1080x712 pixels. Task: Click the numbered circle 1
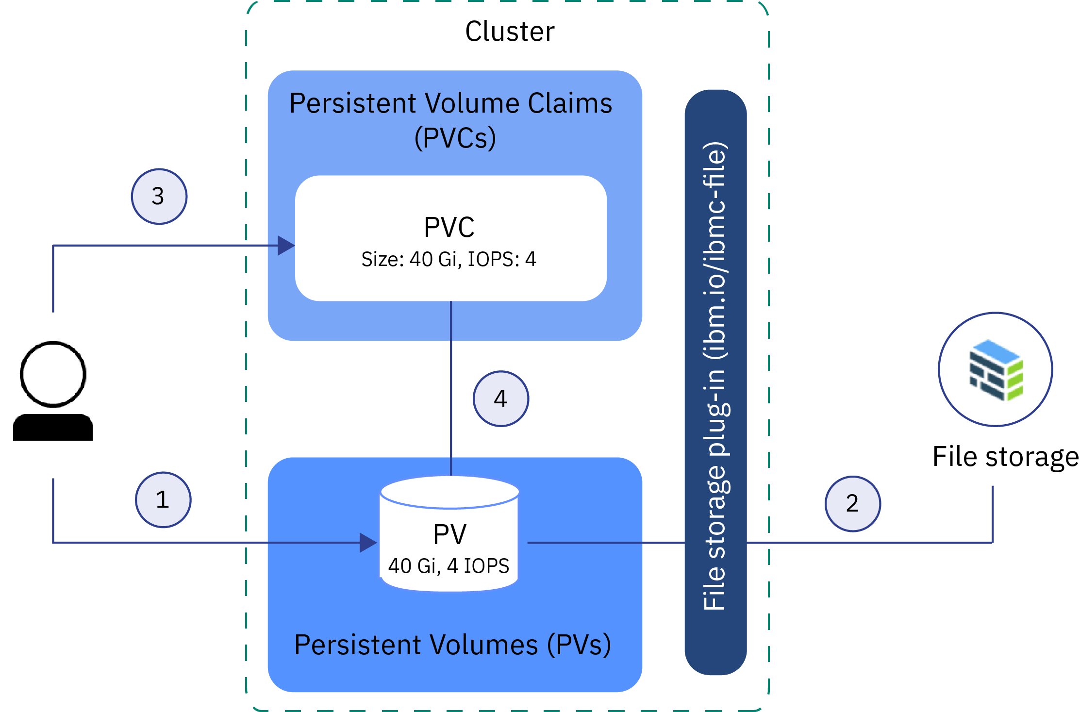tap(163, 500)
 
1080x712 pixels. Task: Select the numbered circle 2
tap(853, 504)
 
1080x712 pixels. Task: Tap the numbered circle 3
tap(159, 197)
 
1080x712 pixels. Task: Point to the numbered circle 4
tap(501, 399)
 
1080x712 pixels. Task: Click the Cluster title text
tap(510, 32)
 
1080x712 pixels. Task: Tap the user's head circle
tap(53, 374)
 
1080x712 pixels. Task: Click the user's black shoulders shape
tap(53, 428)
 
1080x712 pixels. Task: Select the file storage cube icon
tap(996, 370)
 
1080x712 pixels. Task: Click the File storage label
tap(1005, 457)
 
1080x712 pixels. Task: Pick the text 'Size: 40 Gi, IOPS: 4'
tap(449, 259)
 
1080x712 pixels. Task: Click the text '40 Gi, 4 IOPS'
tap(449, 566)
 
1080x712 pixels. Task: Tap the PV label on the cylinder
tap(449, 535)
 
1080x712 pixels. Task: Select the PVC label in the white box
tap(449, 227)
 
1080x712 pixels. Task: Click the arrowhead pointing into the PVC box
tap(286, 246)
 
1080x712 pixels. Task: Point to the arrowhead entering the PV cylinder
tap(368, 543)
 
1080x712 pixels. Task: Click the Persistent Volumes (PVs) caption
tap(452, 645)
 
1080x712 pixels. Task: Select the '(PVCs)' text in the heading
tap(455, 138)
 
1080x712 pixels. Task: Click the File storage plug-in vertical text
tap(715, 376)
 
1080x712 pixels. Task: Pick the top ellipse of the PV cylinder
tap(450, 492)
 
